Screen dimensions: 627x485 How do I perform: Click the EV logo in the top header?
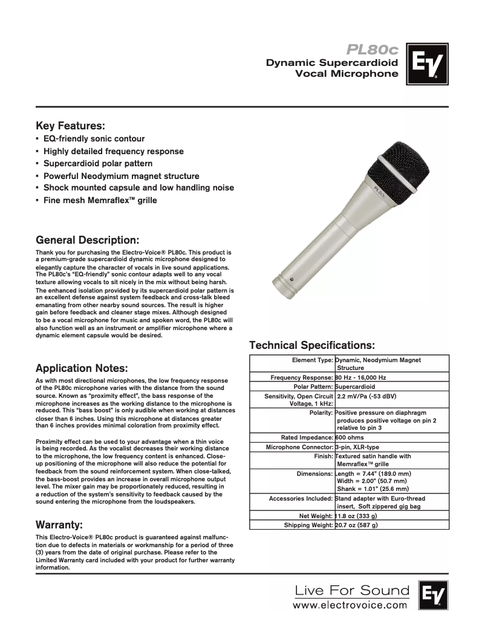tap(427, 63)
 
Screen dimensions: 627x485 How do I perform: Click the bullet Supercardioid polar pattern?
tap(98, 164)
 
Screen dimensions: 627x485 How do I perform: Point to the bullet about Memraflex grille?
tap(100, 200)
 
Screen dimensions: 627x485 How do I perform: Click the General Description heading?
tap(88, 239)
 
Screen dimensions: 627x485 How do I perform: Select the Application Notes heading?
tap(82, 368)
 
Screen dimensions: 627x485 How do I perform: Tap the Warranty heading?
tap(59, 524)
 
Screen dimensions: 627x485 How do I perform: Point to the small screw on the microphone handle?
tap(291, 279)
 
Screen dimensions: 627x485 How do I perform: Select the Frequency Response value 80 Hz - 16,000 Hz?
tap(360, 377)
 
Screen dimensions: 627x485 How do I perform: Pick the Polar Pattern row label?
tap(313, 386)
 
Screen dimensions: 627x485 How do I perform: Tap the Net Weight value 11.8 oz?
tap(356, 516)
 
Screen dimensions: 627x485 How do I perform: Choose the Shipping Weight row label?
tap(308, 525)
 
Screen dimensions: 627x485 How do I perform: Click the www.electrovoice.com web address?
tap(350, 605)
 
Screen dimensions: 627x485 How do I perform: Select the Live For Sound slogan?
tap(351, 590)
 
